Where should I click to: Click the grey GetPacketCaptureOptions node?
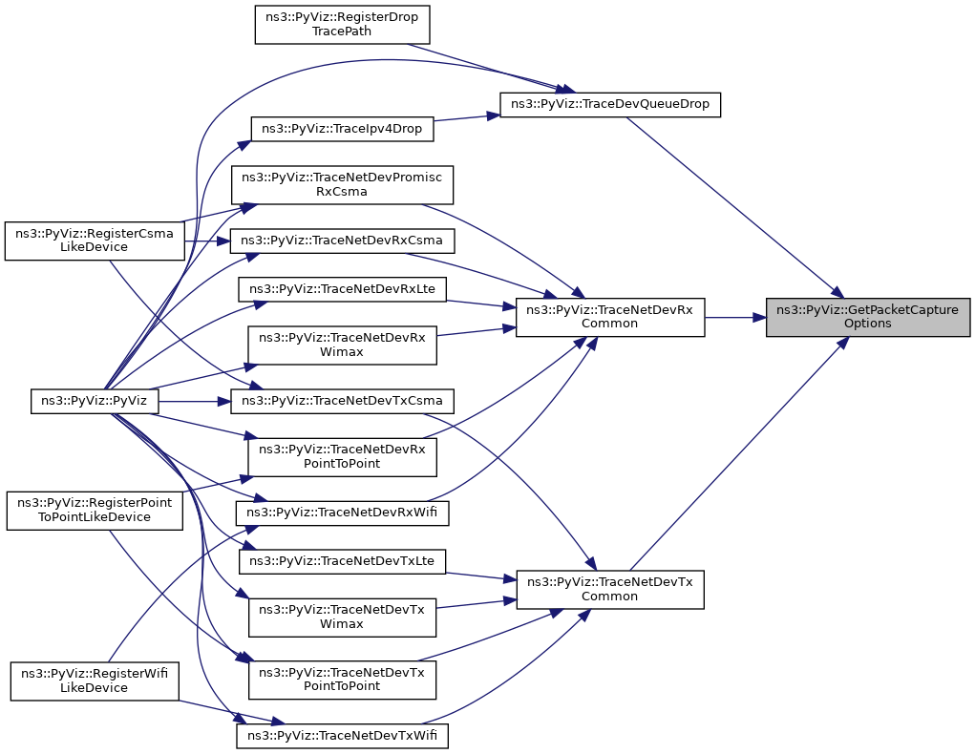[x=867, y=317]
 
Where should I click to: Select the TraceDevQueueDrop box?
[x=610, y=104]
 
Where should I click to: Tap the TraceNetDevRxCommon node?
[x=609, y=317]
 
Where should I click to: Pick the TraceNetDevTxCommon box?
[x=609, y=589]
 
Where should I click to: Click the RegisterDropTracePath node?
[x=342, y=24]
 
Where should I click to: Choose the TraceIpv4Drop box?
[x=342, y=129]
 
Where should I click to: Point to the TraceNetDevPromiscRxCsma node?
[x=342, y=184]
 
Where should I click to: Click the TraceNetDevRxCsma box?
[x=342, y=240]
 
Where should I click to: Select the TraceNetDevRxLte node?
[x=342, y=287]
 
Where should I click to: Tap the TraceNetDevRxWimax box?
[x=342, y=344]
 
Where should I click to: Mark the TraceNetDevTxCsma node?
[x=342, y=400]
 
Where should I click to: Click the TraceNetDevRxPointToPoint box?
[x=342, y=456]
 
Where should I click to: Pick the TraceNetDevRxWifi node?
[x=342, y=513]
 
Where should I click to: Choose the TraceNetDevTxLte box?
[x=342, y=560]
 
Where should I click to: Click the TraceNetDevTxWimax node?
[x=342, y=617]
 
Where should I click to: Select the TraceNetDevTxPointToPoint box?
[x=342, y=679]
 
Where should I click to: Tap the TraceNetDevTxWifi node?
[x=342, y=736]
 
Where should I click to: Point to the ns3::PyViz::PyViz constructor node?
[x=94, y=400]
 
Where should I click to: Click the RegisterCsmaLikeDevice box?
[x=94, y=240]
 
